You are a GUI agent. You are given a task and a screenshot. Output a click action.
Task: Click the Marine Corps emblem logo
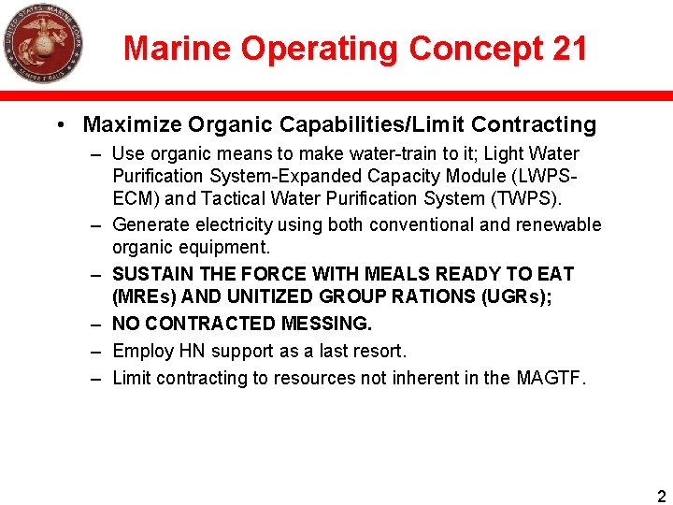[42, 44]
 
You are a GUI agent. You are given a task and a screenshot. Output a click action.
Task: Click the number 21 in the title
[569, 49]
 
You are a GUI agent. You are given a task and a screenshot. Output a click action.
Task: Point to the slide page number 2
[662, 496]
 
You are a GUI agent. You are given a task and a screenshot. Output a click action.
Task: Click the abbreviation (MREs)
[149, 297]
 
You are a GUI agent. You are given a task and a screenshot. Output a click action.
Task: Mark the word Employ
[141, 352]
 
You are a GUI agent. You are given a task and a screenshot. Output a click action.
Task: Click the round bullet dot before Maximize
[60, 125]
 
